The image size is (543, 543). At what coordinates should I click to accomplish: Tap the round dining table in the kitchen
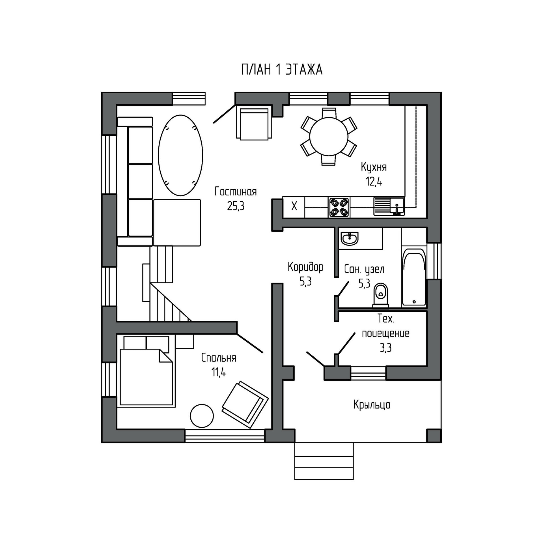click(x=329, y=136)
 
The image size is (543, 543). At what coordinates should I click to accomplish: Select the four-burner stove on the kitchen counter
click(x=339, y=207)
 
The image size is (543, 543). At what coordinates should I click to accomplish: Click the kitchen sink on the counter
click(x=389, y=206)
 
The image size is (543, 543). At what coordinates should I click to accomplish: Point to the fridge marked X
click(x=294, y=206)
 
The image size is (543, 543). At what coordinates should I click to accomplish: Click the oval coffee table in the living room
click(x=180, y=155)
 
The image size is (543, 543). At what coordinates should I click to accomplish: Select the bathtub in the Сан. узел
click(x=414, y=277)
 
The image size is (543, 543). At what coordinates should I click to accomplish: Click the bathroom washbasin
click(x=350, y=238)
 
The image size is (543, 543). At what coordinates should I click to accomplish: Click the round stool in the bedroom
click(x=202, y=415)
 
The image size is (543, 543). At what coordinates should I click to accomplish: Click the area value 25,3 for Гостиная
click(x=236, y=206)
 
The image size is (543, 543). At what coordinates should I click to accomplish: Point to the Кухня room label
click(x=374, y=167)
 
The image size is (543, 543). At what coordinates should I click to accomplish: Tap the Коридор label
click(x=305, y=267)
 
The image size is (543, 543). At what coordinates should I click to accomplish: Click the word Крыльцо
click(x=372, y=405)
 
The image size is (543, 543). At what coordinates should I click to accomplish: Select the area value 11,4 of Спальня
click(x=219, y=372)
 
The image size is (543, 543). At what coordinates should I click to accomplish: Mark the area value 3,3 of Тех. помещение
click(x=385, y=348)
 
